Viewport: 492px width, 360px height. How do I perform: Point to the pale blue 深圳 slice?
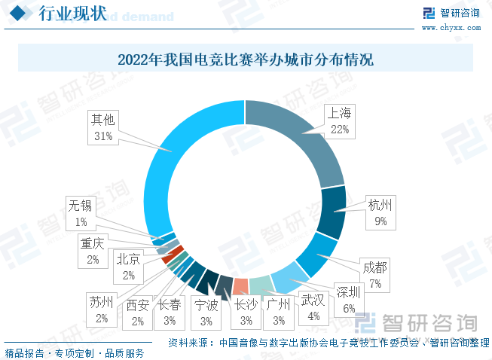pos(288,277)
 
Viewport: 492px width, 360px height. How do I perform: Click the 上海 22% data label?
pos(340,121)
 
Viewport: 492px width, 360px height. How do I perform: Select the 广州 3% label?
pos(279,313)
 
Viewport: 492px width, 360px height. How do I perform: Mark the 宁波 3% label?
pos(206,313)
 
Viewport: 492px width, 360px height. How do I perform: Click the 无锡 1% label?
pos(81,212)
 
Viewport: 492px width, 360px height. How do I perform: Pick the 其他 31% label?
pos(103,127)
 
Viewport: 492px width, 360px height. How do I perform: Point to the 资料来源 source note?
pos(328,343)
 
